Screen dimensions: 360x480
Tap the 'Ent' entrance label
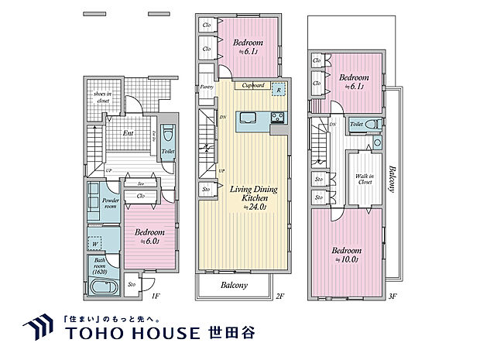pyautogui.click(x=129, y=133)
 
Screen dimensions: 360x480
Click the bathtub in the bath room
pyautogui.click(x=101, y=288)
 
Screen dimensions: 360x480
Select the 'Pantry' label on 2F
pyautogui.click(x=207, y=87)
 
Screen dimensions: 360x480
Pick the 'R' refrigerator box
pyautogui.click(x=278, y=89)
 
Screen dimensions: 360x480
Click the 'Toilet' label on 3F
pyautogui.click(x=357, y=124)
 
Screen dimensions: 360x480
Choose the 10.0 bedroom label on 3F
pyautogui.click(x=348, y=255)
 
